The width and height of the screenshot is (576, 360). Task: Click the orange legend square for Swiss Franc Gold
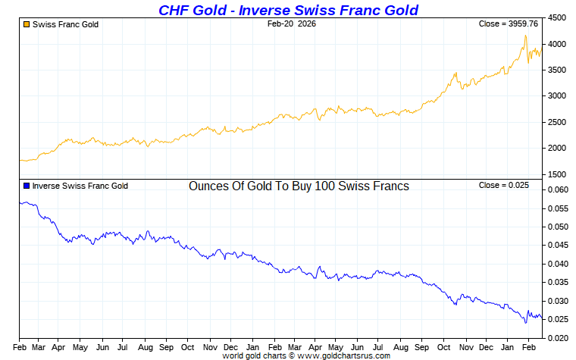pyautogui.click(x=27, y=24)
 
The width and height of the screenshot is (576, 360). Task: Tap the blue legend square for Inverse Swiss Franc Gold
pyautogui.click(x=27, y=186)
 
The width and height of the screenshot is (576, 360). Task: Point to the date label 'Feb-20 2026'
pyautogui.click(x=292, y=24)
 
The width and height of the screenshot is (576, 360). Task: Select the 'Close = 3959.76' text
pyautogui.click(x=508, y=24)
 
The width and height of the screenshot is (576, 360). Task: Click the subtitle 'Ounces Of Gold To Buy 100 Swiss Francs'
pyautogui.click(x=299, y=186)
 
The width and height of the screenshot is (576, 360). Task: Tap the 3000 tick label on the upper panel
pyautogui.click(x=557, y=96)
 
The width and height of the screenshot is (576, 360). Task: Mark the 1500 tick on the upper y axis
pyautogui.click(x=557, y=174)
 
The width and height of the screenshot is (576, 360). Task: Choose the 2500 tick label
pyautogui.click(x=557, y=122)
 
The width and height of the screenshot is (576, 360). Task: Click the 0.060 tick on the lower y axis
pyautogui.click(x=557, y=189)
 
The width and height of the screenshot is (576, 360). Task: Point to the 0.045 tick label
pyautogui.click(x=557, y=245)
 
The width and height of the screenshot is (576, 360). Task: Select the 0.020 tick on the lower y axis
pyautogui.click(x=557, y=337)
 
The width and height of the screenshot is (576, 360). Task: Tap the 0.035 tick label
pyautogui.click(x=557, y=282)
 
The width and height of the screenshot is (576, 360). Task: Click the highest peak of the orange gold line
pyautogui.click(x=525, y=36)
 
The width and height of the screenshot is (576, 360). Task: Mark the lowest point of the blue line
pyautogui.click(x=526, y=323)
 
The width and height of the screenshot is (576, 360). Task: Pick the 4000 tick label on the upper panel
pyautogui.click(x=557, y=44)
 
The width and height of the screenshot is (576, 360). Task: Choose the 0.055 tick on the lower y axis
pyautogui.click(x=557, y=208)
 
